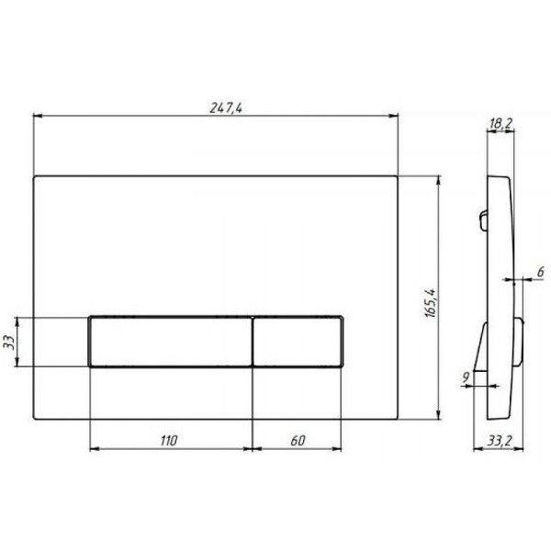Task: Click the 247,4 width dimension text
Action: coord(226,107)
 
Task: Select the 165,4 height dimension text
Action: coord(431,303)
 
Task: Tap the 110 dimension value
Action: coord(169,441)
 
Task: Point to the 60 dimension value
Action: coord(298,441)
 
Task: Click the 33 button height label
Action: coord(9,343)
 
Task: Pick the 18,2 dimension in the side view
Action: coord(501,123)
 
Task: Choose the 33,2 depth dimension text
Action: coord(500,441)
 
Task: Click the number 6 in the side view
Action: coord(541,272)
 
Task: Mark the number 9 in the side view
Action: coord(466,377)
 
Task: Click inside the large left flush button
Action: coord(171,342)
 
